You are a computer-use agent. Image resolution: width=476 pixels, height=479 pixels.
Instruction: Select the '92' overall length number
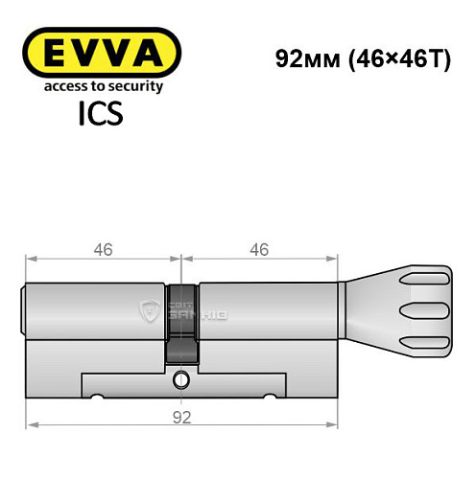pos(182,417)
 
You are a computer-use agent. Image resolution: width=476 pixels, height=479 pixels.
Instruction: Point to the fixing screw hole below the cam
pos(181,380)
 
